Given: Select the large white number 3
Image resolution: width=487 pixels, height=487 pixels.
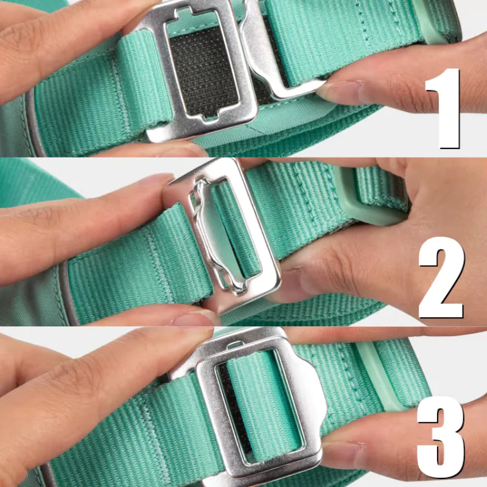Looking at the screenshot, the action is pyautogui.click(x=441, y=437).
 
